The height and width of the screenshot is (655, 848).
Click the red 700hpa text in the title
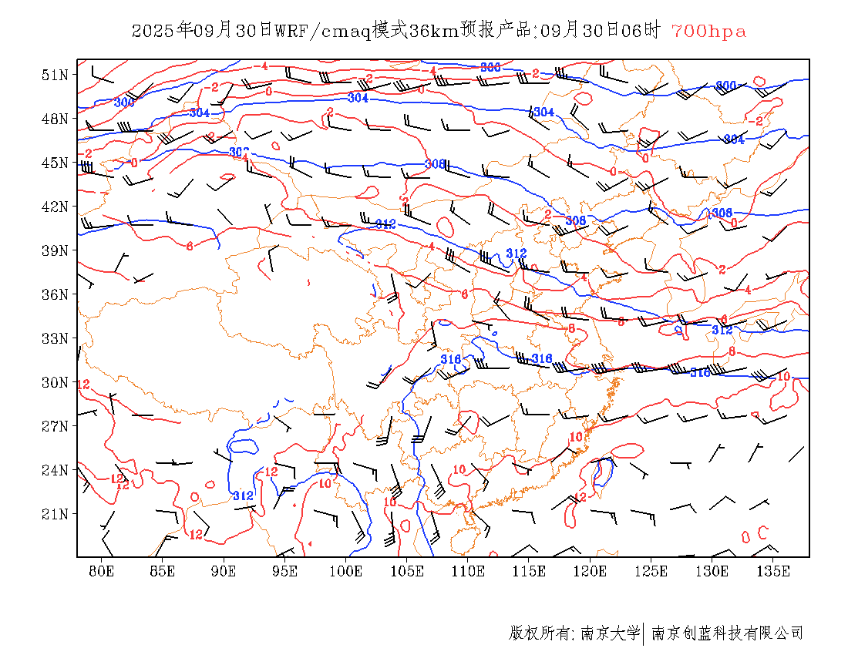tap(708, 32)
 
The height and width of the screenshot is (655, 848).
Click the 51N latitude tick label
tap(56, 75)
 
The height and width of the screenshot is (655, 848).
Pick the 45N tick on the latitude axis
tap(56, 163)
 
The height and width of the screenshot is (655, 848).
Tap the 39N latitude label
tap(56, 250)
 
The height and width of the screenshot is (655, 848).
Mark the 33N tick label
tap(56, 338)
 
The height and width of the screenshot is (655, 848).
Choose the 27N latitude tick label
tap(56, 426)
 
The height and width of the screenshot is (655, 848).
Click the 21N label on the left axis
tap(56, 514)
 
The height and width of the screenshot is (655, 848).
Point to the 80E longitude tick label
tap(102, 571)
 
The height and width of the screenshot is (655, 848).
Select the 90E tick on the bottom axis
tap(224, 571)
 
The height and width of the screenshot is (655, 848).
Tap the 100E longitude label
tap(346, 571)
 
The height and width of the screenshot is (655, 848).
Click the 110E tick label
tap(468, 571)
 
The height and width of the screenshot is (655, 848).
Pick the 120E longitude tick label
tap(591, 571)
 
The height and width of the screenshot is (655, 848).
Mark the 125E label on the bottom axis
tap(651, 571)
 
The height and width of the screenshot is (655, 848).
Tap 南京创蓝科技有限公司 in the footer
tap(727, 633)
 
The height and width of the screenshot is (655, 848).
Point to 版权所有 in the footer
tap(539, 633)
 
